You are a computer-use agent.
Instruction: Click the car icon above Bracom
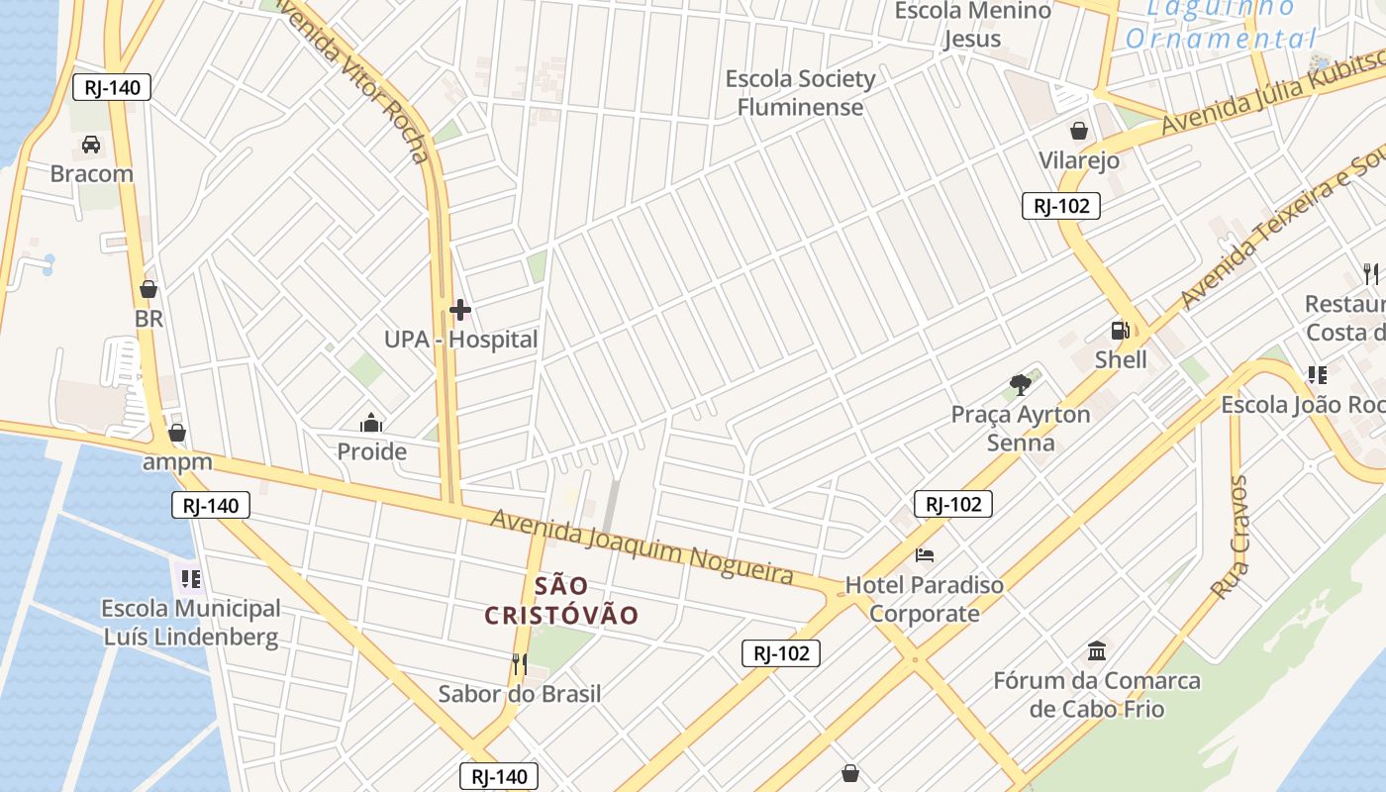(x=91, y=145)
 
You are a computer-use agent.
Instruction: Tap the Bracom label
(x=92, y=174)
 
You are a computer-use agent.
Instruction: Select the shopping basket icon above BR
(x=148, y=289)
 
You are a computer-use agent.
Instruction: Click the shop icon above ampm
(x=177, y=433)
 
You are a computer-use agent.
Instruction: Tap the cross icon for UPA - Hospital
(x=459, y=311)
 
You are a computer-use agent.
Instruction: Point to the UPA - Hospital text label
(x=460, y=340)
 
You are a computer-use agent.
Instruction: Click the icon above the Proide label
(x=371, y=424)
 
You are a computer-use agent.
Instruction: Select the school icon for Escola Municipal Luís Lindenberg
(x=189, y=578)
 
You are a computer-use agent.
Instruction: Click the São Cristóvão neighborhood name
(x=561, y=600)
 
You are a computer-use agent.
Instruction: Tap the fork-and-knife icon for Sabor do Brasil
(x=519, y=663)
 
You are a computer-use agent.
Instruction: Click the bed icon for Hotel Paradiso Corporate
(x=925, y=555)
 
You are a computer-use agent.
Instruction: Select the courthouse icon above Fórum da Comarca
(x=1097, y=651)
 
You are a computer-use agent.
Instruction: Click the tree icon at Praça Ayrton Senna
(x=1020, y=385)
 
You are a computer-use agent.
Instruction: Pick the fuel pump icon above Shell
(x=1121, y=331)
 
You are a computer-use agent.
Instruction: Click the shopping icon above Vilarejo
(x=1079, y=131)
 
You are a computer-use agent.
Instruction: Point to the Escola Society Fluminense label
(x=800, y=93)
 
